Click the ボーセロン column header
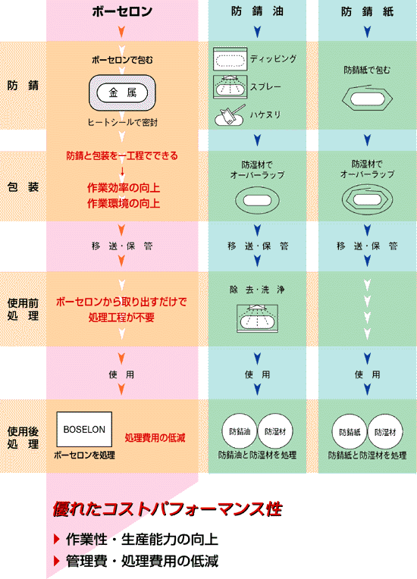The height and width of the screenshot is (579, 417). (122, 11)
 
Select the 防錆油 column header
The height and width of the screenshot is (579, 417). (257, 11)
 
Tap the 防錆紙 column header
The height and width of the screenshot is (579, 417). (367, 12)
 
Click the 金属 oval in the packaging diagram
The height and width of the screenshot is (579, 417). (122, 92)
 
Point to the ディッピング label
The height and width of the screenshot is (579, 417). (273, 58)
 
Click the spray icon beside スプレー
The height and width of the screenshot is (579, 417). (230, 87)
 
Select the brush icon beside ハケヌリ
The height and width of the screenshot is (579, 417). (230, 116)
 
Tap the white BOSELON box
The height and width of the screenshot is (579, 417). (84, 430)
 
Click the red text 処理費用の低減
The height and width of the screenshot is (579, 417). (155, 438)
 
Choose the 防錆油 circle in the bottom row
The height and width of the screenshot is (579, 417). (240, 431)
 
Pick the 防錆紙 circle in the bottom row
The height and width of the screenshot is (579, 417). (350, 432)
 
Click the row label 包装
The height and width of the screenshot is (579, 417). (23, 187)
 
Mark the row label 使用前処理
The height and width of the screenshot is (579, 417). (23, 309)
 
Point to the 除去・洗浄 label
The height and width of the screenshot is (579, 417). (257, 289)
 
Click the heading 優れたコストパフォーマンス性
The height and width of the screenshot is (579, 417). (168, 509)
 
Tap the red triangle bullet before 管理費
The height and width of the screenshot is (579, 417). (57, 561)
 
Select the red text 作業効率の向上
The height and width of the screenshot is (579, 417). (124, 188)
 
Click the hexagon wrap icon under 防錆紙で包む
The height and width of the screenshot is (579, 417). (367, 98)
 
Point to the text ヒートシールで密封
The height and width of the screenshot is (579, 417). (122, 122)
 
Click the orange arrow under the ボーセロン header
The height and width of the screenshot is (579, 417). (121, 32)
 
